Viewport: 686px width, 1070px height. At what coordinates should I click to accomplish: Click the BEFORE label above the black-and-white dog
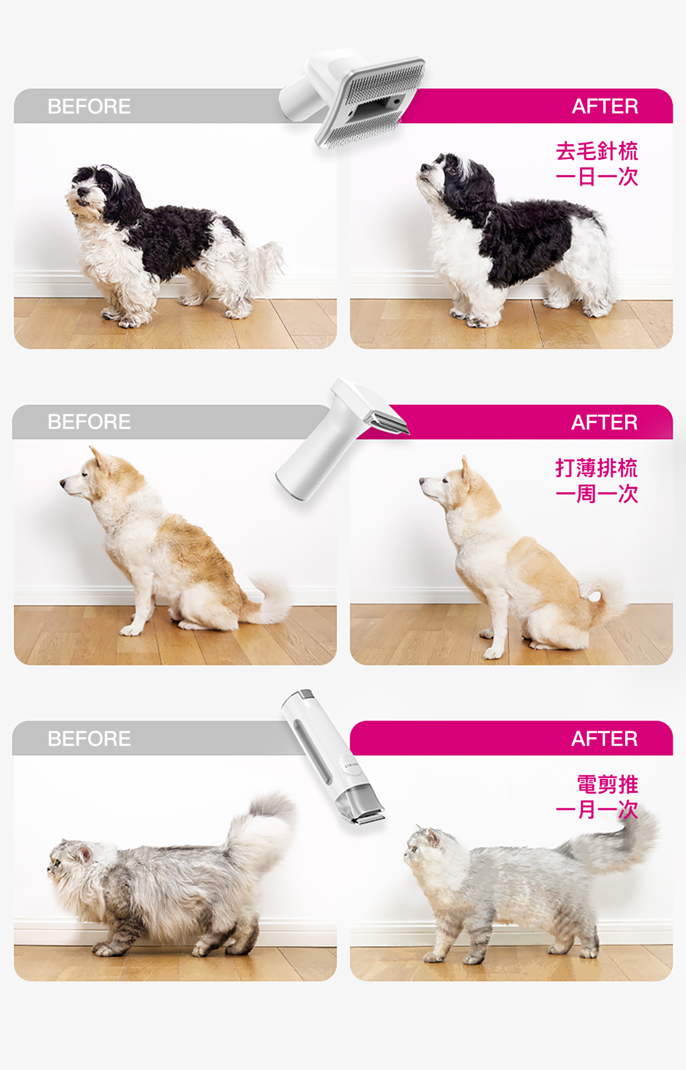[x=89, y=106]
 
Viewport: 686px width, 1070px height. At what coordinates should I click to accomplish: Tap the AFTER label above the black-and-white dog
[x=605, y=106]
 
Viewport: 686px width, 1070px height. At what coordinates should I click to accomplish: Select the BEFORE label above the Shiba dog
[x=89, y=422]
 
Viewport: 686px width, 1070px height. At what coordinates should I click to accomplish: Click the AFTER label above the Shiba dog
[x=605, y=422]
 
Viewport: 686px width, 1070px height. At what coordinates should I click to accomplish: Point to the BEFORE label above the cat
[x=89, y=738]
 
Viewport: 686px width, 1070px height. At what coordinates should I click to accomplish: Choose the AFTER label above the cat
[x=605, y=738]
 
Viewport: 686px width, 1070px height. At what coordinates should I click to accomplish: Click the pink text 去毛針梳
[x=597, y=151]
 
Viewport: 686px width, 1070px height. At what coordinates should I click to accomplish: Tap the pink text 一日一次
[x=597, y=177]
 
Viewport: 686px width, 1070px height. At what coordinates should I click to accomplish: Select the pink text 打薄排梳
[x=596, y=468]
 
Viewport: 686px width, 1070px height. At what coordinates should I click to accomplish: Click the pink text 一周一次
[x=596, y=494]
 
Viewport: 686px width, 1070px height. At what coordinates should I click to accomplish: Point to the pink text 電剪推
[x=607, y=784]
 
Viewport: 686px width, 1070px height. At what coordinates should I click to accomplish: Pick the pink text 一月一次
[x=596, y=810]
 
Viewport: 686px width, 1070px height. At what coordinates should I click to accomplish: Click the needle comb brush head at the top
[x=370, y=103]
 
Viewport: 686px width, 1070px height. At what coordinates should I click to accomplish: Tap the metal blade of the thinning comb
[x=389, y=423]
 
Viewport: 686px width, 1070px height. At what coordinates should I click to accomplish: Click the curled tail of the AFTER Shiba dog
[x=604, y=595]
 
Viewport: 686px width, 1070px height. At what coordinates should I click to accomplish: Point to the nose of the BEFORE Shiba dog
[x=62, y=482]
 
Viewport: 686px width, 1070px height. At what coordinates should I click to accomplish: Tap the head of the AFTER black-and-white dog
[x=446, y=174]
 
